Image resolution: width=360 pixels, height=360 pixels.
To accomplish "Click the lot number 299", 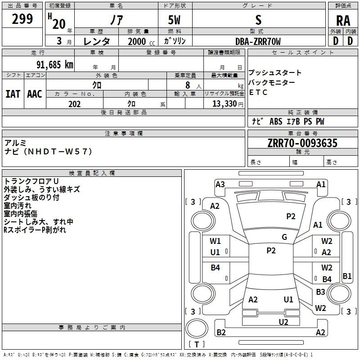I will (22, 19).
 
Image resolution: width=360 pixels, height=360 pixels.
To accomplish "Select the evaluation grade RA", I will (343, 21).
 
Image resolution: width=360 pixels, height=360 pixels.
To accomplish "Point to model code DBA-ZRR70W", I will (258, 41).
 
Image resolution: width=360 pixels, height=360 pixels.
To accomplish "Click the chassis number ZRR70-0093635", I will (302, 143).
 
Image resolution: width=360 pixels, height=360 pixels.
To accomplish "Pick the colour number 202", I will (74, 104).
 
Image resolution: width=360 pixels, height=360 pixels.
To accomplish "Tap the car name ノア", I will (116, 20).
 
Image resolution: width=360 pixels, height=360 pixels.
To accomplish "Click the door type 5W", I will (174, 20).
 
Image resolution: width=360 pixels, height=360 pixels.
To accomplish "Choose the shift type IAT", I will (13, 94).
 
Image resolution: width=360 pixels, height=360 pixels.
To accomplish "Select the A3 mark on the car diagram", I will (220, 184).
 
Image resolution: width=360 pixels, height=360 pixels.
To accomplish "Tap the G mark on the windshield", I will (284, 237).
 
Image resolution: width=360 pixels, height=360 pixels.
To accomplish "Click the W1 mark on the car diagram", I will (216, 241).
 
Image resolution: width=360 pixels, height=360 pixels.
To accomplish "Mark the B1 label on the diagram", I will (347, 276).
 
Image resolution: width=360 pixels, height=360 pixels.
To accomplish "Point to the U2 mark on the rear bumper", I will (283, 321).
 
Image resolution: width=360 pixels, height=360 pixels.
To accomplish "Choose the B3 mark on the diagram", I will (320, 292).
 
